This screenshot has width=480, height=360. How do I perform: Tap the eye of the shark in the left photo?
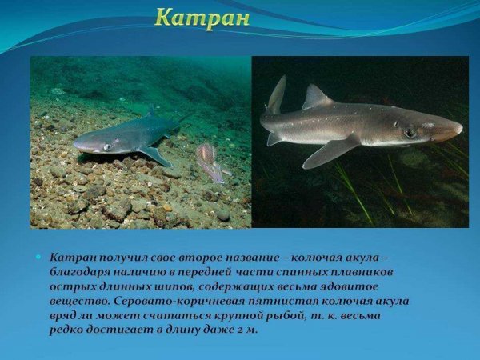(106, 146)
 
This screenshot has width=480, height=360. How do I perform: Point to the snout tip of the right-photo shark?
(460, 126)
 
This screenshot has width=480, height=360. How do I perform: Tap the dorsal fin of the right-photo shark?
(315, 98)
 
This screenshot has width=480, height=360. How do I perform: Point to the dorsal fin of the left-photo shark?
(150, 110)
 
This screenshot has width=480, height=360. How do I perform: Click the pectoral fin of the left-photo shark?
(155, 154)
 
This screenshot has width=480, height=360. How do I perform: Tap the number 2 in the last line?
(241, 330)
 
